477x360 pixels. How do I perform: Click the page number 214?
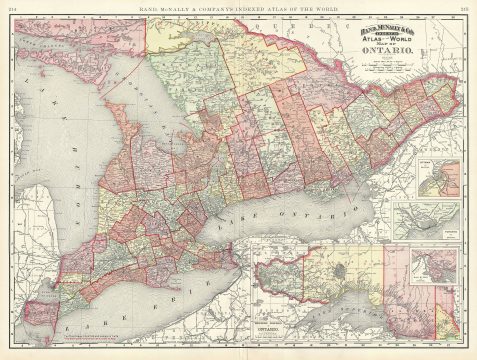pyautogui.click(x=13, y=9)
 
